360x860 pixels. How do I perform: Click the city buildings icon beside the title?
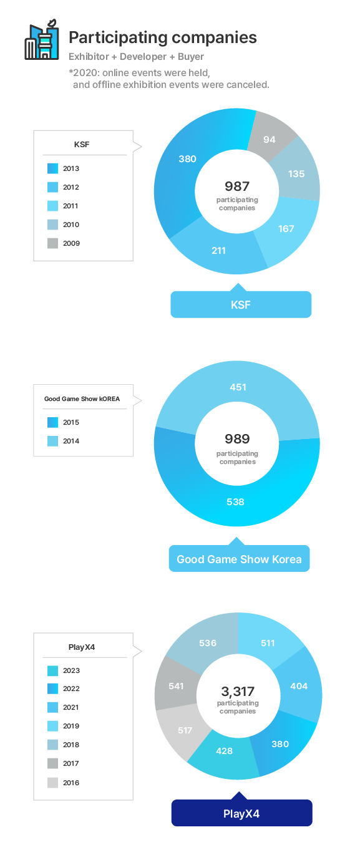click(x=42, y=39)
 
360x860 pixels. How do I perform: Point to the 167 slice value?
click(x=286, y=229)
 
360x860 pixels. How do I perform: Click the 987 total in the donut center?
click(x=237, y=186)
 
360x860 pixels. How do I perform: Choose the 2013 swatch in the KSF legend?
click(x=52, y=168)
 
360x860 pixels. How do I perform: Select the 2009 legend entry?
click(x=64, y=243)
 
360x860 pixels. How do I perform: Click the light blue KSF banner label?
click(x=241, y=304)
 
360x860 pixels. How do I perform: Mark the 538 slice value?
click(x=235, y=502)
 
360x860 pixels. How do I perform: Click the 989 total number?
click(x=238, y=439)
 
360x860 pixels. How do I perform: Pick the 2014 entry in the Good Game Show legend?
click(x=64, y=441)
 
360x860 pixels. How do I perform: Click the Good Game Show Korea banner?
click(x=240, y=559)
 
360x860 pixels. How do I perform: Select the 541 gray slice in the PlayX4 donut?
click(x=176, y=686)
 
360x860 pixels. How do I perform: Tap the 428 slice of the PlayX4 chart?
click(x=224, y=751)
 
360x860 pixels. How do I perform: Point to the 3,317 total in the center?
click(x=238, y=692)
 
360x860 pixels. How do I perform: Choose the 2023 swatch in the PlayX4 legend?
click(x=52, y=670)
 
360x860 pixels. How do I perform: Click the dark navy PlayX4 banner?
click(x=241, y=814)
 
